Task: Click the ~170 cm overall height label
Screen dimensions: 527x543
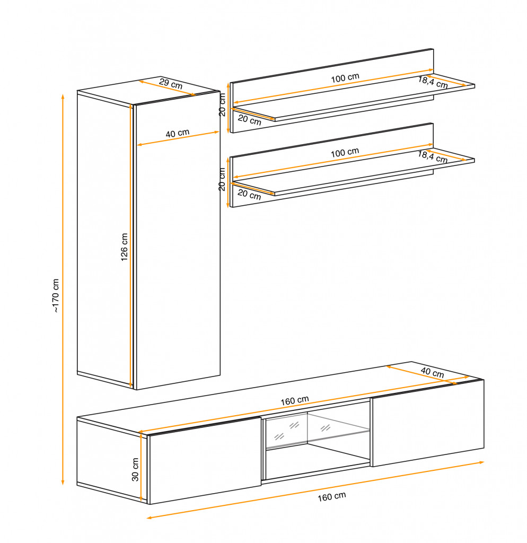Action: coord(55,295)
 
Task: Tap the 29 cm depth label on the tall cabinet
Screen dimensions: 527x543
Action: coord(171,83)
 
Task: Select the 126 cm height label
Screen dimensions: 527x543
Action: coord(124,247)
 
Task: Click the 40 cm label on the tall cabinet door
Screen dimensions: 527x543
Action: coord(177,133)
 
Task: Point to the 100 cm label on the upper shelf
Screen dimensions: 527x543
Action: coord(345,78)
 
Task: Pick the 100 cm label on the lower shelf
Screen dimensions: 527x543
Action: coord(345,153)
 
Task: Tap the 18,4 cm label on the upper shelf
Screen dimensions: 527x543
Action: coord(433,82)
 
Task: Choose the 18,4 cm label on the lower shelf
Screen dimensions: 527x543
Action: coord(433,157)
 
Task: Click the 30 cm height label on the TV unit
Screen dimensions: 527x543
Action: coord(135,469)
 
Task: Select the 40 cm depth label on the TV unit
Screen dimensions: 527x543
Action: coord(432,372)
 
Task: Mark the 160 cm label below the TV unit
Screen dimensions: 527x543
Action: coord(332,496)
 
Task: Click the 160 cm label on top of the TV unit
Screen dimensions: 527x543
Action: coord(294,401)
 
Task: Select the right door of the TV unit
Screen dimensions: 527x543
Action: coord(428,423)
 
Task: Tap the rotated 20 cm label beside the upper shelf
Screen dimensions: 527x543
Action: coord(222,104)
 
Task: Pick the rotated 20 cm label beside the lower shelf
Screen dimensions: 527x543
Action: coord(222,179)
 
